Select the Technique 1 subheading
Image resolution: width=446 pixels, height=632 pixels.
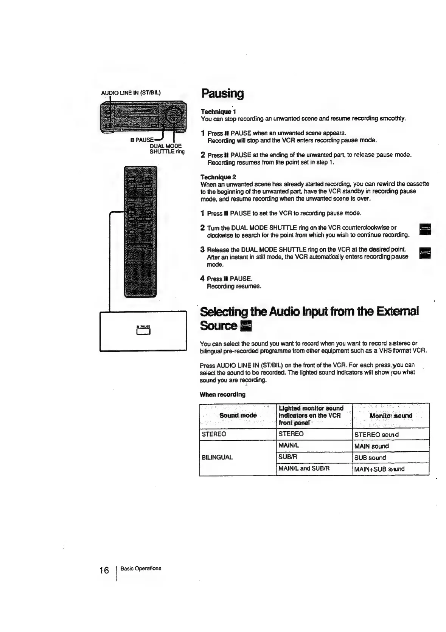coord(218,112)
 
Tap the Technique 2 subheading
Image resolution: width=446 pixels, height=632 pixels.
coord(218,177)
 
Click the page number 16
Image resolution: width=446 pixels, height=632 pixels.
coord(104,570)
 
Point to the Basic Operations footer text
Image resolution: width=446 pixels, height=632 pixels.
coord(141,568)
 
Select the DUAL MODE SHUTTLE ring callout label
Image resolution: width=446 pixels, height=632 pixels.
coord(166,149)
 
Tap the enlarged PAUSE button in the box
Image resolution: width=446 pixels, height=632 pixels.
coord(143,332)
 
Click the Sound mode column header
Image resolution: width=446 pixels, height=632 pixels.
coord(238,415)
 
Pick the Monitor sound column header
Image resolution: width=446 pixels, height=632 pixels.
coord(390,415)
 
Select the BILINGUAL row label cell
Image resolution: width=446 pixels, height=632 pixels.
coord(217,457)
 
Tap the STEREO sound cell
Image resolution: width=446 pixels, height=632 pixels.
coord(376,434)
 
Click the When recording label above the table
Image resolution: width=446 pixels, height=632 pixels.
coord(222,394)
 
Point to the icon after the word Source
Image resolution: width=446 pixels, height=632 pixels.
coord(246,325)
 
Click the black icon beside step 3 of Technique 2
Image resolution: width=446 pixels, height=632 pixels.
coord(425,253)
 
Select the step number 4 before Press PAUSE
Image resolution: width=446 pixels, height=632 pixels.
coord(202,279)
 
